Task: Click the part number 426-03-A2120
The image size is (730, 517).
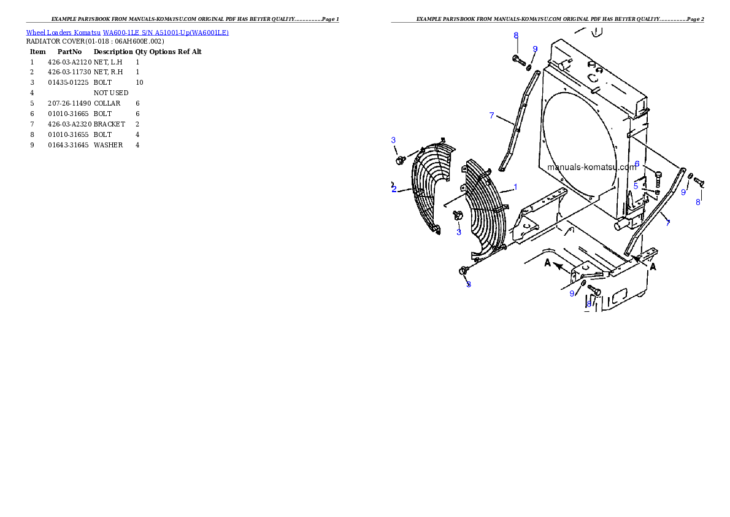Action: click(x=69, y=62)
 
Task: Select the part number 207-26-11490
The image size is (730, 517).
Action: click(x=69, y=104)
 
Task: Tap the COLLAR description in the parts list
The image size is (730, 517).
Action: click(x=107, y=104)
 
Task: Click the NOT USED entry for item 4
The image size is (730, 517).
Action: click(x=111, y=93)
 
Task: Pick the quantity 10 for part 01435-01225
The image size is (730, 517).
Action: click(x=139, y=82)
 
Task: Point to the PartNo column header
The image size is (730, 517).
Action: click(x=69, y=52)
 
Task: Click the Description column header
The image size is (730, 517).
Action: click(x=113, y=52)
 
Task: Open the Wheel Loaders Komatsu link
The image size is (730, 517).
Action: click(x=63, y=33)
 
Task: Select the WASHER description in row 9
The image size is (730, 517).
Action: click(x=108, y=145)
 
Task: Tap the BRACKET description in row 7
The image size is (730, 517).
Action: click(x=109, y=124)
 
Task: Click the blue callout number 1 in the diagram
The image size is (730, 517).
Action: click(x=515, y=187)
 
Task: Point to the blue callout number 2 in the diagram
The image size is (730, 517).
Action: click(x=394, y=189)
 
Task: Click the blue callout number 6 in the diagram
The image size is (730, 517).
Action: click(x=637, y=164)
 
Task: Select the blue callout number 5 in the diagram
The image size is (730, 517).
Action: click(x=636, y=187)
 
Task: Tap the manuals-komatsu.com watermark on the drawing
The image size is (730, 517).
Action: click(x=592, y=167)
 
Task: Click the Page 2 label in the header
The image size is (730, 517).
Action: click(x=695, y=19)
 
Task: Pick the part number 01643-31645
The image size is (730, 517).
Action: click(x=68, y=145)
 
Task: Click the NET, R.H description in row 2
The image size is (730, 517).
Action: click(x=108, y=72)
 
